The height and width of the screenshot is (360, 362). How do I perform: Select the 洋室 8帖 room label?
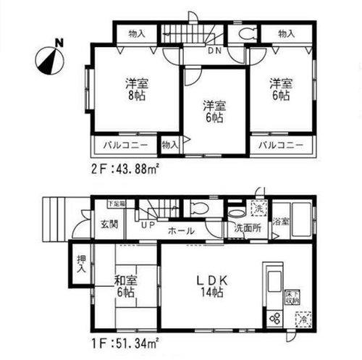[x=132, y=89]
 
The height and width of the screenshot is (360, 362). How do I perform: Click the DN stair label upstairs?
[x=214, y=51]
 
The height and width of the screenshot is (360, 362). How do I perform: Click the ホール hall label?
[x=180, y=231]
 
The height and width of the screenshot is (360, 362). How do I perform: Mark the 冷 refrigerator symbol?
[x=303, y=317]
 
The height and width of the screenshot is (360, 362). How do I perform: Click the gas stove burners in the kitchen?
[x=275, y=317]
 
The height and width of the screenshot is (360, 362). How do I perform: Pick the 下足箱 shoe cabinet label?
[x=117, y=204]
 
